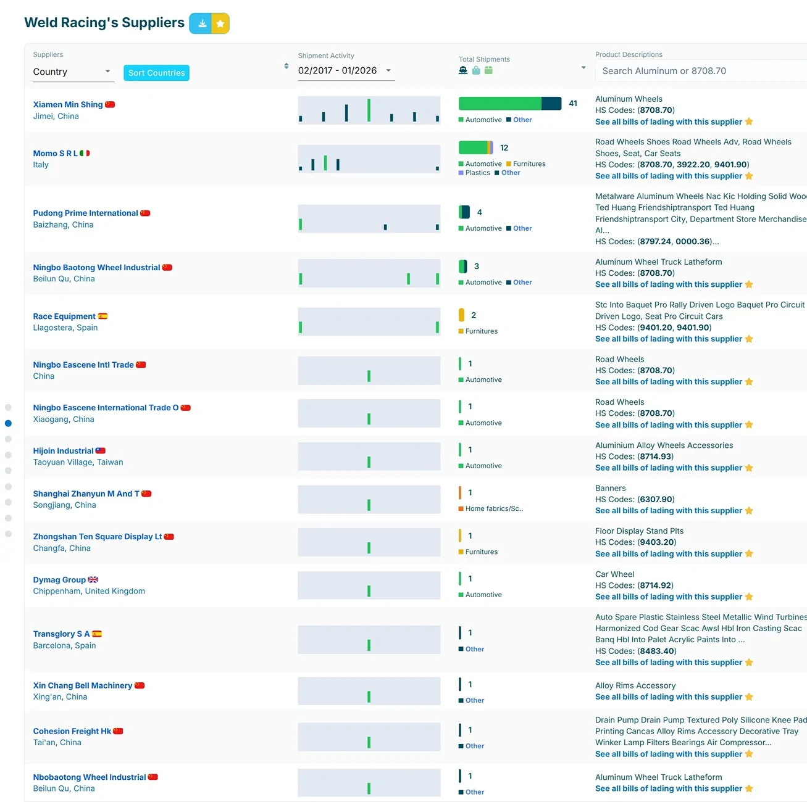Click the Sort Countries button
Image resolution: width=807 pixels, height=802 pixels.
[x=156, y=72]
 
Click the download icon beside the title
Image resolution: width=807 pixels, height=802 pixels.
[x=202, y=23]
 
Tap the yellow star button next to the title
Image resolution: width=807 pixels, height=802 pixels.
[x=220, y=23]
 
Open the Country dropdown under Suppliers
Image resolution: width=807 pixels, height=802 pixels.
[x=73, y=72]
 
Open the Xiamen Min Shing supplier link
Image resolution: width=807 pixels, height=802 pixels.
[x=68, y=104]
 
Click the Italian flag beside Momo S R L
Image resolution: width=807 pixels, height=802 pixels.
[x=85, y=153]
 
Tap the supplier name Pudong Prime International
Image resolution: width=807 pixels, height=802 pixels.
[x=85, y=213]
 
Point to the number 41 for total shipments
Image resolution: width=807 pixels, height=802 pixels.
[x=573, y=104]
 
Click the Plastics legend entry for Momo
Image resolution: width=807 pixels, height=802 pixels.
[x=474, y=173]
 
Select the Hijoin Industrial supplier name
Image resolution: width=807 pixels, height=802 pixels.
[x=63, y=451]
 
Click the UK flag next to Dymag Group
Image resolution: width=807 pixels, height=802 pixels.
[x=93, y=580]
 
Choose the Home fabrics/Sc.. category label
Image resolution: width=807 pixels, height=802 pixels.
[x=491, y=508]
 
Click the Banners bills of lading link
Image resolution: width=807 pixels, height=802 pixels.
[x=669, y=511]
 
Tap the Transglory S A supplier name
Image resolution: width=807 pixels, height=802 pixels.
[x=62, y=634]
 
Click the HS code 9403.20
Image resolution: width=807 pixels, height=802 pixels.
[x=656, y=542]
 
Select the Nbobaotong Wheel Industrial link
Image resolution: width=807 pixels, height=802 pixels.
[x=90, y=777]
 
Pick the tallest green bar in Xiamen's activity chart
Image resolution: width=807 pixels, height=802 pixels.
[x=369, y=110]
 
